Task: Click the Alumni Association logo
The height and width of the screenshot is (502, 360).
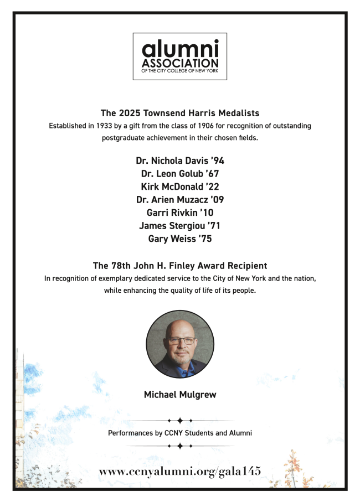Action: [x=179, y=56]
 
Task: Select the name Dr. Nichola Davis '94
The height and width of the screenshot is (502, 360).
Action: [x=180, y=161]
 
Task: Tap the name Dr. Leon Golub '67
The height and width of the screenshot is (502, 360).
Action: [x=180, y=174]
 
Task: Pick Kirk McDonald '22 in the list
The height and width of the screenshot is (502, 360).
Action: [x=180, y=187]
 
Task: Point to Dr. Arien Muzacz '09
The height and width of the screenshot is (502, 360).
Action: [x=180, y=200]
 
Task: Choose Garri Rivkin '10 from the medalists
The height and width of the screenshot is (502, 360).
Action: [x=180, y=213]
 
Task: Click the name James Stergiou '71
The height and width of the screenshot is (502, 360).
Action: [x=180, y=226]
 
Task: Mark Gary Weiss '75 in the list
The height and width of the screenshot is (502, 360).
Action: [x=180, y=239]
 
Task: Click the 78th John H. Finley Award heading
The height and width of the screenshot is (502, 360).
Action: [x=180, y=265]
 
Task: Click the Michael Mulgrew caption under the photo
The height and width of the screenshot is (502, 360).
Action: [x=180, y=395]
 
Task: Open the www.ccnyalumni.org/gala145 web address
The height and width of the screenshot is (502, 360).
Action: [x=180, y=471]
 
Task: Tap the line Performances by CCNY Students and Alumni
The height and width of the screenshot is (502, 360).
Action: [x=180, y=433]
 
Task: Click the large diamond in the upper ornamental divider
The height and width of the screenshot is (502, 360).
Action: [x=180, y=421]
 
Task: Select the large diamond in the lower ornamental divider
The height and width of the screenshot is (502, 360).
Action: [x=180, y=446]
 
